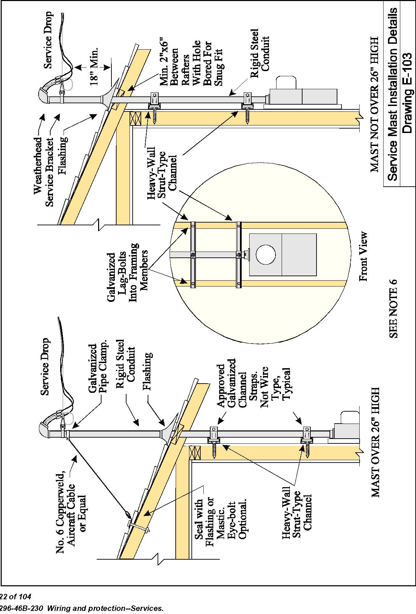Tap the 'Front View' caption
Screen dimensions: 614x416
(x=363, y=256)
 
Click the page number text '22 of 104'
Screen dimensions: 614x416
(x=15, y=597)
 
